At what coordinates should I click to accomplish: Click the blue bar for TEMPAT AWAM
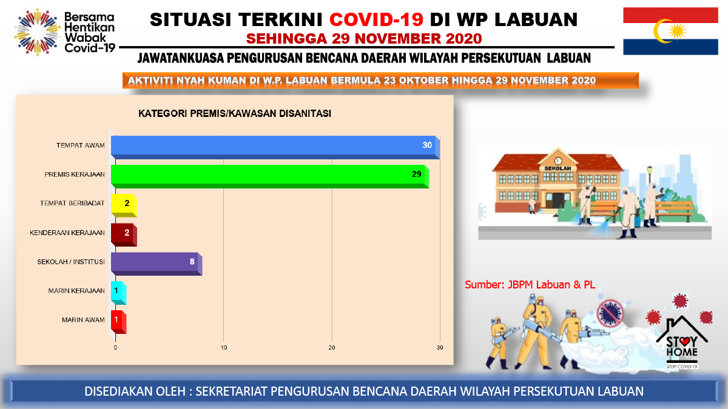click(x=275, y=147)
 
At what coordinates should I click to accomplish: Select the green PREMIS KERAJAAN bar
click(x=270, y=176)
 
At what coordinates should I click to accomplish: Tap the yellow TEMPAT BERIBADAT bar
click(x=124, y=205)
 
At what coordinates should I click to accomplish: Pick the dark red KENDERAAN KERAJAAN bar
click(x=124, y=234)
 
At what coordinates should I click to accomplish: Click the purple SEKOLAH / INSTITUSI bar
click(x=157, y=264)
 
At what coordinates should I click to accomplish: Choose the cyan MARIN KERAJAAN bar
click(x=119, y=293)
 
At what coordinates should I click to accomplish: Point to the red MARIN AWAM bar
click(x=119, y=322)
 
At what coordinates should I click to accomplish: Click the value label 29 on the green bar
click(x=417, y=175)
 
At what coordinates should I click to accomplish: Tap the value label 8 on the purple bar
click(x=192, y=262)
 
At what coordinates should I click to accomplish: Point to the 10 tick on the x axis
click(x=224, y=348)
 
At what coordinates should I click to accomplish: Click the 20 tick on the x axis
click(x=332, y=348)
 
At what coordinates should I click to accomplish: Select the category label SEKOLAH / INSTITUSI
click(x=71, y=262)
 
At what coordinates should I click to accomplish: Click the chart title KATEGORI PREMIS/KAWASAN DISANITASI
click(x=235, y=114)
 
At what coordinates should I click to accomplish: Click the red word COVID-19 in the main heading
click(x=376, y=19)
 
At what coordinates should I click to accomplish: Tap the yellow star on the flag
click(x=677, y=32)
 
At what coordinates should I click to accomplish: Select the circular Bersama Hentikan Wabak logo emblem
click(x=37, y=32)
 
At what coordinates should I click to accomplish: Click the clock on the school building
click(x=558, y=161)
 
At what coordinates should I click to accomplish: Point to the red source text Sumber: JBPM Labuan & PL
click(x=530, y=285)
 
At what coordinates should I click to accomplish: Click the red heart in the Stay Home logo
click(x=684, y=341)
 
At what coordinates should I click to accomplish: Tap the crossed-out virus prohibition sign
click(x=610, y=313)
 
